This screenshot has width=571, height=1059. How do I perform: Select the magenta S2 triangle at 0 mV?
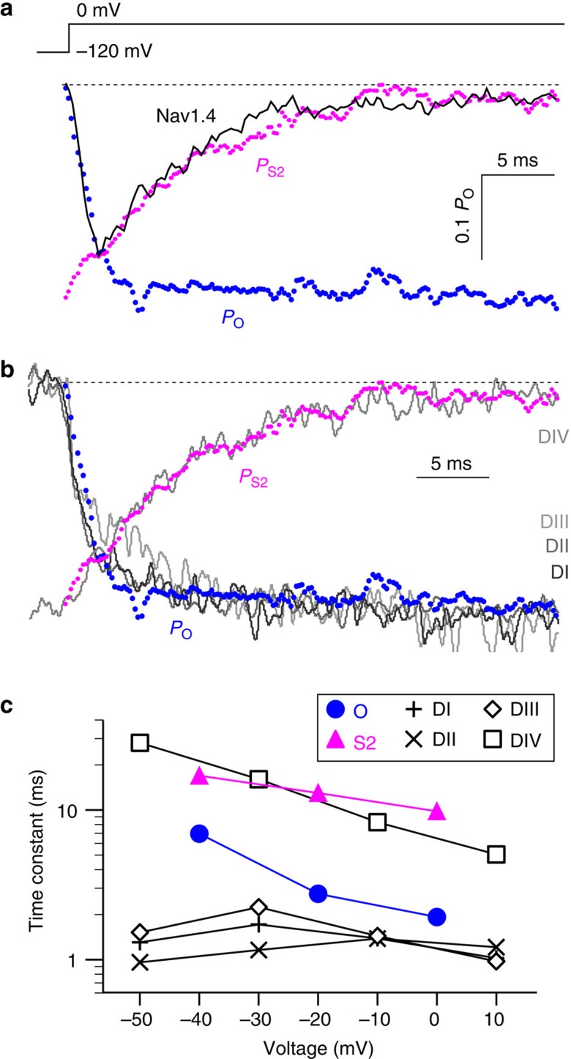pyautogui.click(x=437, y=811)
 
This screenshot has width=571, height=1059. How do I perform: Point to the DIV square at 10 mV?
pyautogui.click(x=496, y=854)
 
